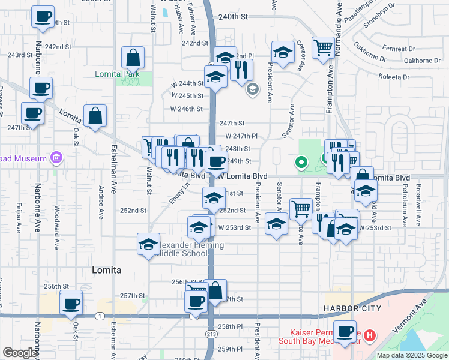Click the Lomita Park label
coord(117,74)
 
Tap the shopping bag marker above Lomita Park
coord(133,58)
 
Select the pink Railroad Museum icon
coord(57,158)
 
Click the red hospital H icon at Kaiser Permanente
coord(370,335)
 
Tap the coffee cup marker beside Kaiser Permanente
coord(345,332)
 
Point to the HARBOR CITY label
coord(352,308)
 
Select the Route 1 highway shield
coord(97,315)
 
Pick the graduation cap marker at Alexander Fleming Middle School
coord(148,244)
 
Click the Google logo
coord(20,352)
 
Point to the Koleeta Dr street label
coord(394,77)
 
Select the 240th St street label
coord(234,17)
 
